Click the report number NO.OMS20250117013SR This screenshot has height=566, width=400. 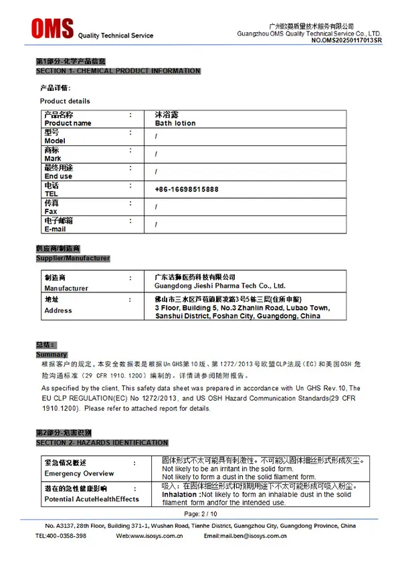(x=346, y=41)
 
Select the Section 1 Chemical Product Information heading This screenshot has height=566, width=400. (x=118, y=71)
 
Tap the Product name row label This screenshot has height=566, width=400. (x=68, y=123)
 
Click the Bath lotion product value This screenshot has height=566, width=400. (x=175, y=123)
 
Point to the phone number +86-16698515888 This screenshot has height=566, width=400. (x=187, y=189)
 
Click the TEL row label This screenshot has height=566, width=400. (x=52, y=193)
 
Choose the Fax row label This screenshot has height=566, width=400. (x=51, y=211)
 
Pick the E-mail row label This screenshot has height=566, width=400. (x=55, y=229)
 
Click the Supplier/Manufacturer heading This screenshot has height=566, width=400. (x=73, y=258)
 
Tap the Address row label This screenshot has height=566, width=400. (x=58, y=310)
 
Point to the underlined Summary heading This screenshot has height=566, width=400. (x=52, y=355)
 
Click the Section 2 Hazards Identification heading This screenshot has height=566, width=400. (x=102, y=443)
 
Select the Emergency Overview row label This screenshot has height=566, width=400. (x=79, y=474)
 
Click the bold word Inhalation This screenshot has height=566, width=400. (x=181, y=494)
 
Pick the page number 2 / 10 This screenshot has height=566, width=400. (x=200, y=514)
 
